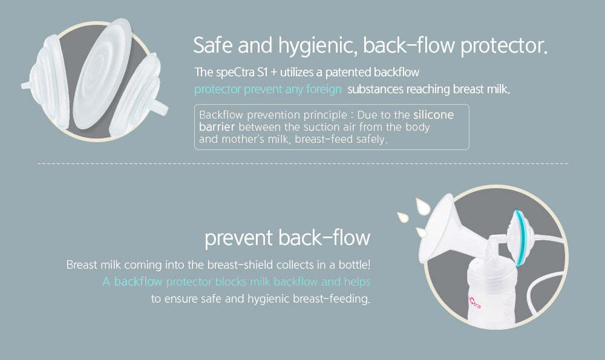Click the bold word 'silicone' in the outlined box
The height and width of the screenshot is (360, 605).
click(x=433, y=114)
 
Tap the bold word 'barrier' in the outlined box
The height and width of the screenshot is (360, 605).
click(x=219, y=126)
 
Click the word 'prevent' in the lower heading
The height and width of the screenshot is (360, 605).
click(x=238, y=238)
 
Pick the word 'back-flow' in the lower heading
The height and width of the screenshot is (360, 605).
click(x=324, y=238)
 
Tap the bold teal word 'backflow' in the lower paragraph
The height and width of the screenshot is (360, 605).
click(x=138, y=281)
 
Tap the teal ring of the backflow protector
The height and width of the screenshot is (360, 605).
click(x=518, y=236)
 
